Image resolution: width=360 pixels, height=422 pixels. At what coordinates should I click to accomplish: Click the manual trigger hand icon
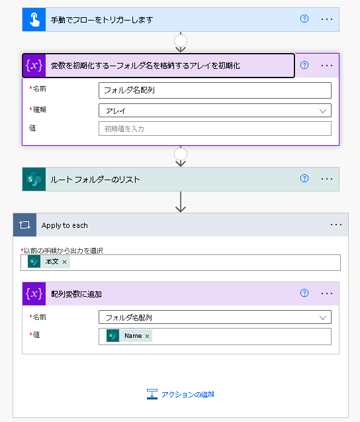[34, 20]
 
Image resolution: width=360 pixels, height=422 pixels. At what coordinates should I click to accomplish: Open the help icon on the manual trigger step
[304, 19]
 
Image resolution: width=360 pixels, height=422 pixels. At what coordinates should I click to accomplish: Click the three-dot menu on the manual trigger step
[327, 19]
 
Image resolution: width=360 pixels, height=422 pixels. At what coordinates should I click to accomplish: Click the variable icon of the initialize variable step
[34, 66]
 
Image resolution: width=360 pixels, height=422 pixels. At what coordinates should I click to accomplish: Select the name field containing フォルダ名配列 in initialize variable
[215, 90]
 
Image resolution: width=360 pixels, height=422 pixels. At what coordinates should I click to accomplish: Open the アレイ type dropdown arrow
[323, 111]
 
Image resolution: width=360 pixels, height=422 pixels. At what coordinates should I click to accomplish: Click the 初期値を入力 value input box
[215, 129]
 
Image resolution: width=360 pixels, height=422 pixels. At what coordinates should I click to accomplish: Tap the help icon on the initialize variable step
[304, 65]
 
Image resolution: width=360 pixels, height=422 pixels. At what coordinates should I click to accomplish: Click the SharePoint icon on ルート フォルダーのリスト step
[34, 180]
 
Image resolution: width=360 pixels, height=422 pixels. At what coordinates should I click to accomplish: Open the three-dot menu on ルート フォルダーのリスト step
[327, 179]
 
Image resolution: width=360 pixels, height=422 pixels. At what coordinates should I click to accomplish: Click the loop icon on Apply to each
[24, 225]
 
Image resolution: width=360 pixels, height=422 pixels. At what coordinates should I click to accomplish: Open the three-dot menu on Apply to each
[336, 225]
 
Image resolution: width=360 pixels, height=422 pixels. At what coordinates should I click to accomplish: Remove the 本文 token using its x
[65, 262]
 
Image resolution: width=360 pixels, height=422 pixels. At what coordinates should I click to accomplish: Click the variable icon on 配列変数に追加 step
[34, 293]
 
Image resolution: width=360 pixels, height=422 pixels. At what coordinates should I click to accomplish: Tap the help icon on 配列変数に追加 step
[304, 293]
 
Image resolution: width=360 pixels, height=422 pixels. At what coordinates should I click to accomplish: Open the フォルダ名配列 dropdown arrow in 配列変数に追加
[323, 318]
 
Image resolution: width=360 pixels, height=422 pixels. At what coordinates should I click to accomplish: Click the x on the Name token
[147, 336]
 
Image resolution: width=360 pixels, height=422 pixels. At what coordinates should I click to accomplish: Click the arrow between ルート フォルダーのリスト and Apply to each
[181, 202]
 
